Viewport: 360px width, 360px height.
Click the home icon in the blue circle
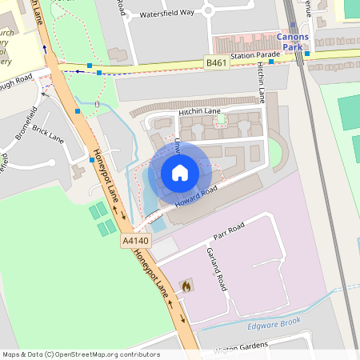point(179,172)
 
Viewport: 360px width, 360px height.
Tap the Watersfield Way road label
point(166,13)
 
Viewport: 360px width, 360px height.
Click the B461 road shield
point(214,62)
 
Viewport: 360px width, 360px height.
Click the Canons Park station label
point(292,42)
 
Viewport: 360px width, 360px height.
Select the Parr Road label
point(228,232)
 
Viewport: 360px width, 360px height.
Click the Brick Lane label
point(48,132)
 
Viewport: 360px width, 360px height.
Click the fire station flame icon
point(186,286)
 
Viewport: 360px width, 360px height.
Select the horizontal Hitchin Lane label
point(200,111)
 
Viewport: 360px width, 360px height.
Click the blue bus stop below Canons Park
point(271,61)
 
